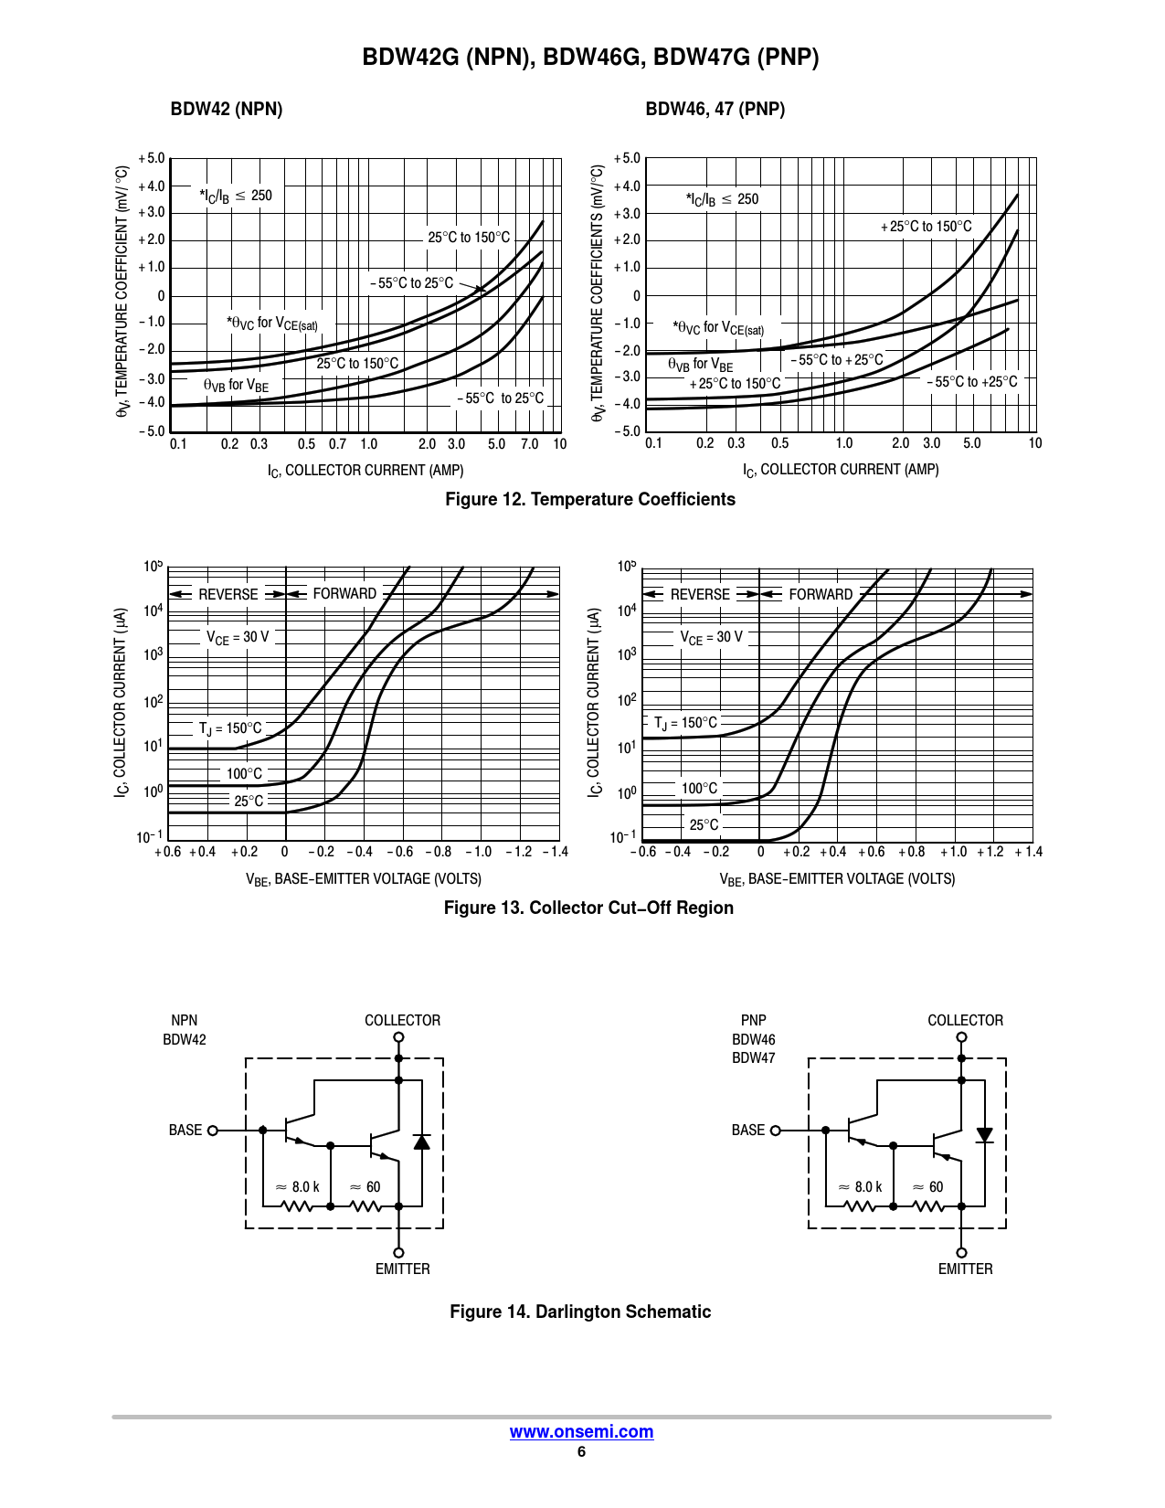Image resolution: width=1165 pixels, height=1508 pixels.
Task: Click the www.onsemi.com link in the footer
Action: click(581, 1432)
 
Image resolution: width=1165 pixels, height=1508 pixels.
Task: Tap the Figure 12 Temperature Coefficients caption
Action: click(590, 500)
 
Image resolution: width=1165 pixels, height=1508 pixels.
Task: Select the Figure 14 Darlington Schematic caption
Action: click(580, 1312)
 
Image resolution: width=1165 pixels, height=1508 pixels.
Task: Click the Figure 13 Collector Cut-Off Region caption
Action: click(588, 908)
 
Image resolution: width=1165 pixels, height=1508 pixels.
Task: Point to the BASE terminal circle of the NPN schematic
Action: click(213, 1131)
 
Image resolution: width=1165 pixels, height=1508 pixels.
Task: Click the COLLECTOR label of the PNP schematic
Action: click(965, 1021)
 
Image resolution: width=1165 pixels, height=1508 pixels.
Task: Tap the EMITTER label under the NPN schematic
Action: click(402, 1269)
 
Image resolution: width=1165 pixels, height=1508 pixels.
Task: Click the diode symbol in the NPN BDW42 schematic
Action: click(421, 1142)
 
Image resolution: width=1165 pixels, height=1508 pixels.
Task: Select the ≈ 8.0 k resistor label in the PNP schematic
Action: click(861, 1187)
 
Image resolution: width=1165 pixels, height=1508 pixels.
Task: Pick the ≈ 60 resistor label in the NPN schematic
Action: click(365, 1187)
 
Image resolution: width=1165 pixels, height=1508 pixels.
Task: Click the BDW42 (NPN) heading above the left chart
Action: click(227, 110)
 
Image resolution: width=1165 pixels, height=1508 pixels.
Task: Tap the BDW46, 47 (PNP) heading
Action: click(715, 110)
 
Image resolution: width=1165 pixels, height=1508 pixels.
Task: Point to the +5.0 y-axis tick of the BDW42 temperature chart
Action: click(152, 159)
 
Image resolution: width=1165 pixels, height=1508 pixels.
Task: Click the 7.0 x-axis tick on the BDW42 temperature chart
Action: click(530, 444)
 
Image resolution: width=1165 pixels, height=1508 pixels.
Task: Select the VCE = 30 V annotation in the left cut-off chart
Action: click(238, 637)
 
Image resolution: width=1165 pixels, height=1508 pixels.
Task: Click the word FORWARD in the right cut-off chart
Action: click(821, 595)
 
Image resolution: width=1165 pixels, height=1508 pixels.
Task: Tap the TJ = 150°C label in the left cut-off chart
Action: click(230, 728)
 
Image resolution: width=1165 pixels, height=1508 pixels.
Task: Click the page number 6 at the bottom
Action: click(581, 1452)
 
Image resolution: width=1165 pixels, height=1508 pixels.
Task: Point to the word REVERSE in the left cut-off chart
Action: click(228, 595)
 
